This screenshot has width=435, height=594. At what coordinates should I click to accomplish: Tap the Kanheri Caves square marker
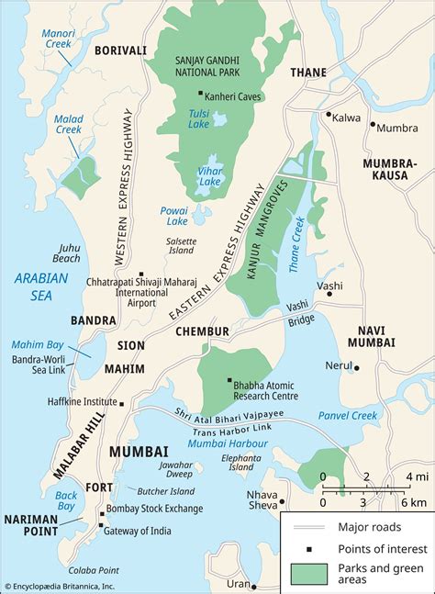tap(201, 93)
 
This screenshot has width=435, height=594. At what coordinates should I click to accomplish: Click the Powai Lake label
tap(173, 215)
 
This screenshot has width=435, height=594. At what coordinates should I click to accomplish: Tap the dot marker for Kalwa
tap(328, 115)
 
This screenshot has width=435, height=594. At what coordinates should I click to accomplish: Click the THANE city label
tap(308, 72)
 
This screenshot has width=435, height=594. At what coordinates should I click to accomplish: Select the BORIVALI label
tap(119, 50)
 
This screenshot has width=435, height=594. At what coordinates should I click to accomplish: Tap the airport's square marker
tap(140, 273)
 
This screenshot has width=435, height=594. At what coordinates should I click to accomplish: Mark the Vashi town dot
tap(329, 297)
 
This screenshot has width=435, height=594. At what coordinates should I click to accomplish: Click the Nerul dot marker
tap(356, 368)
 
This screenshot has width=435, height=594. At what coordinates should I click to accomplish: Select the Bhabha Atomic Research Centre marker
tap(229, 380)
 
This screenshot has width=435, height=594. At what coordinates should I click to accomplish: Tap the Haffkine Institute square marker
tap(122, 402)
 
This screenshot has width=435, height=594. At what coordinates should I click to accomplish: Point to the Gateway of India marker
tap(100, 525)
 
